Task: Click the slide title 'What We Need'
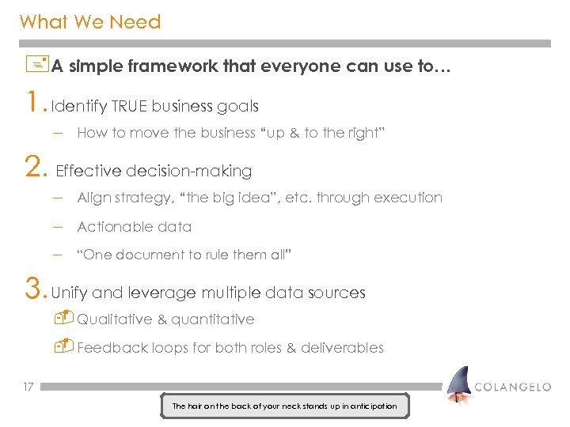[90, 22]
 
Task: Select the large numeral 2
[34, 168]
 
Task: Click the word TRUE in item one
[130, 106]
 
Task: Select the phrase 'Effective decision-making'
[154, 171]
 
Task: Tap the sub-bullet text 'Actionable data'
[134, 227]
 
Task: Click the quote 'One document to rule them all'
[184, 255]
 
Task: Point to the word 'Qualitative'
[115, 319]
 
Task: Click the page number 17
[28, 387]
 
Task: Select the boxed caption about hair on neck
[284, 406]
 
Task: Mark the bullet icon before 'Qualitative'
[65, 318]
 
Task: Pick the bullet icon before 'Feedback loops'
[65, 346]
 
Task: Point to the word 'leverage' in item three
[158, 293]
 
